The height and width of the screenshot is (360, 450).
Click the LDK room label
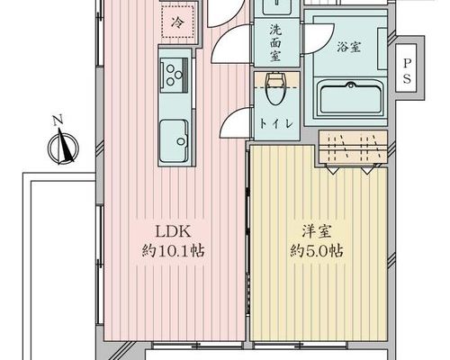[173, 231]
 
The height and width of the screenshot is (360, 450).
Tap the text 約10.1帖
[173, 251]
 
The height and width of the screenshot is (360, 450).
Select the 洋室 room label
[317, 232]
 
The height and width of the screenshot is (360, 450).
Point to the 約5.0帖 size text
[317, 251]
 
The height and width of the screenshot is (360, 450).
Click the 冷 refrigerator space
[177, 22]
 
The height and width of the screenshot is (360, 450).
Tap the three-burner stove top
[174, 75]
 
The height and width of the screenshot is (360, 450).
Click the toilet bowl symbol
[275, 88]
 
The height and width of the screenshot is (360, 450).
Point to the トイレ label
[275, 123]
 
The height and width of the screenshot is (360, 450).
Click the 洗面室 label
[274, 43]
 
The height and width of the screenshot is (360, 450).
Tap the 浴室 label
[348, 47]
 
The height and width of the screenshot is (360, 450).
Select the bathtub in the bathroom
[350, 99]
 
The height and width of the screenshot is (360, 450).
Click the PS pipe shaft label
[407, 71]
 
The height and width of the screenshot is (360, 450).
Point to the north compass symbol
[64, 148]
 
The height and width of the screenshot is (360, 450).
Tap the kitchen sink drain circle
[181, 141]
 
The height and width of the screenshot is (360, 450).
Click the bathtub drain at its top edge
[350, 85]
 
